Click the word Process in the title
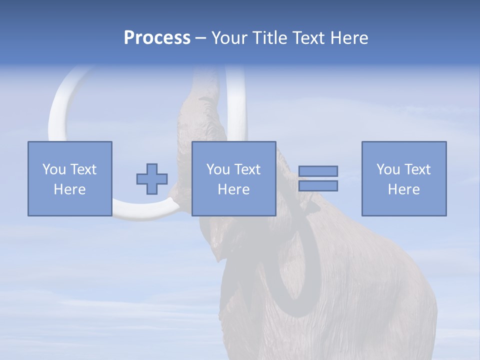coord(157,38)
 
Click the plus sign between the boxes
coord(152,178)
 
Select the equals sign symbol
coord(318,178)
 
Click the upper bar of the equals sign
coord(318,171)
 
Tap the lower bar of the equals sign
coord(318,186)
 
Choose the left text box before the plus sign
coord(69,178)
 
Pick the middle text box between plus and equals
coord(233,178)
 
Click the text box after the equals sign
coord(403,178)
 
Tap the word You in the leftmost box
coord(53,169)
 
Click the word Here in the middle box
coord(233,189)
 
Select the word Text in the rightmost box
coord(417,169)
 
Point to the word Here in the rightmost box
coord(403,189)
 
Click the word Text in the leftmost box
coord(83,169)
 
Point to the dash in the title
coord(201,38)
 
